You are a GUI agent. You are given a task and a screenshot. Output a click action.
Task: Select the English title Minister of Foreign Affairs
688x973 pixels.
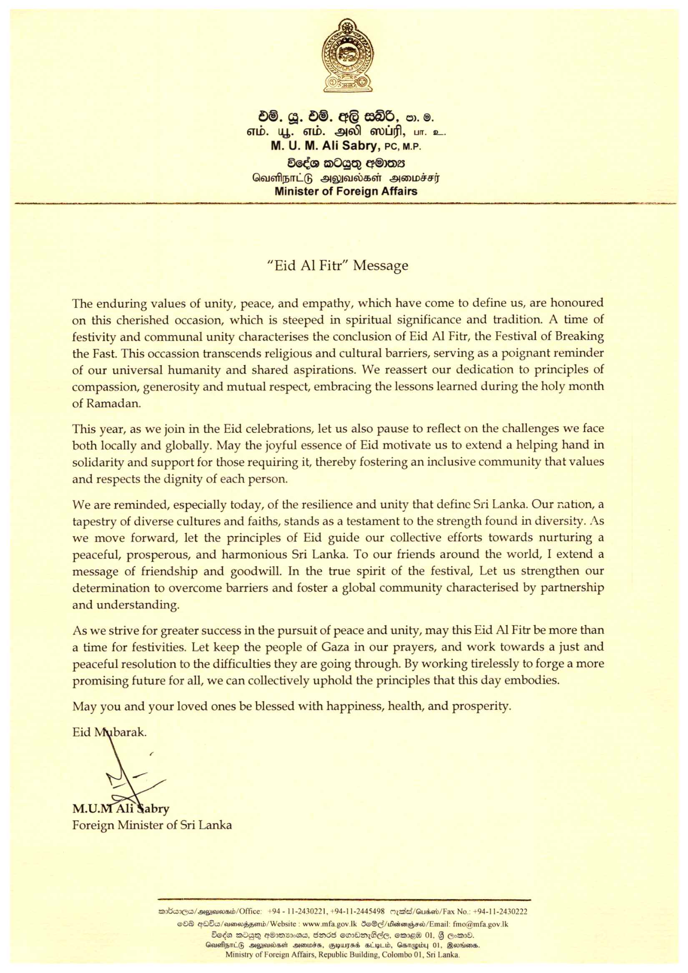tap(346, 191)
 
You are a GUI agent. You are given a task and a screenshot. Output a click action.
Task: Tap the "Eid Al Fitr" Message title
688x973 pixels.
tap(338, 266)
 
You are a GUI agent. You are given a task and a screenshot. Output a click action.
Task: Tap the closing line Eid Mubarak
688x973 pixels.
tap(109, 733)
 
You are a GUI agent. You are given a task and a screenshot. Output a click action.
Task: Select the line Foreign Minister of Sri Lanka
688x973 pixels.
tap(152, 825)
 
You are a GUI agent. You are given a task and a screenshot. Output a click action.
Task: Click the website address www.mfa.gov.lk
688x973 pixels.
tap(329, 924)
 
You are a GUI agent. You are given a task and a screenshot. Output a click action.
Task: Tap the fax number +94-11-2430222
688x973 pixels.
tap(500, 912)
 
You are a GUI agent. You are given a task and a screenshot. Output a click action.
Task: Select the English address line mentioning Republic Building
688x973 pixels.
tap(343, 955)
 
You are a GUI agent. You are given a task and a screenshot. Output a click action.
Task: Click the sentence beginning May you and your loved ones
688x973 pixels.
tap(292, 706)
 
